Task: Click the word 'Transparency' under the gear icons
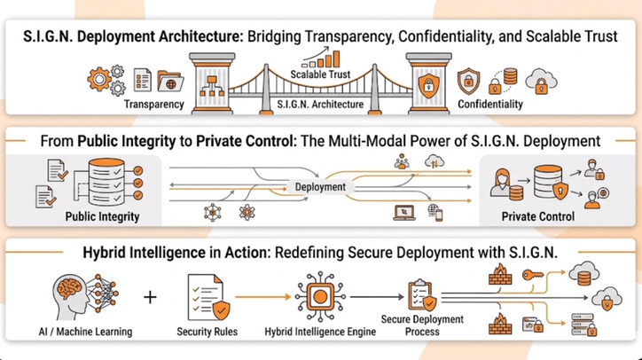pos(154,105)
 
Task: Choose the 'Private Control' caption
pos(538,215)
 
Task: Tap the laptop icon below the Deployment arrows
pos(400,213)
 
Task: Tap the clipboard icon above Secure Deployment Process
pos(418,293)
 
